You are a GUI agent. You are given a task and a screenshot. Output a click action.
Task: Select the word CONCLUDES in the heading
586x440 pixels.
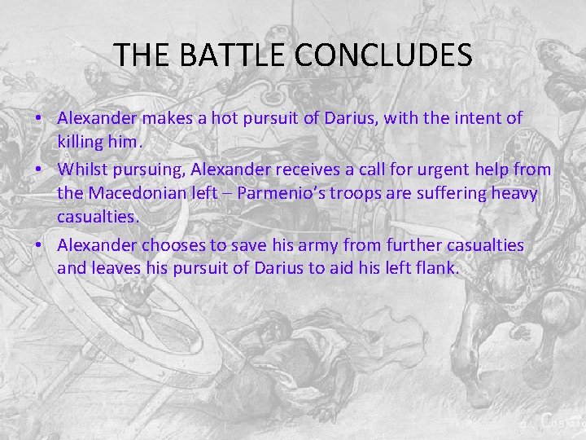coord(384,55)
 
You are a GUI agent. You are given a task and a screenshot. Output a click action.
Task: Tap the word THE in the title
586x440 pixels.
coord(142,55)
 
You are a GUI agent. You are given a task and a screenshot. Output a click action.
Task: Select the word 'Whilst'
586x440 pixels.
coord(82,169)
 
